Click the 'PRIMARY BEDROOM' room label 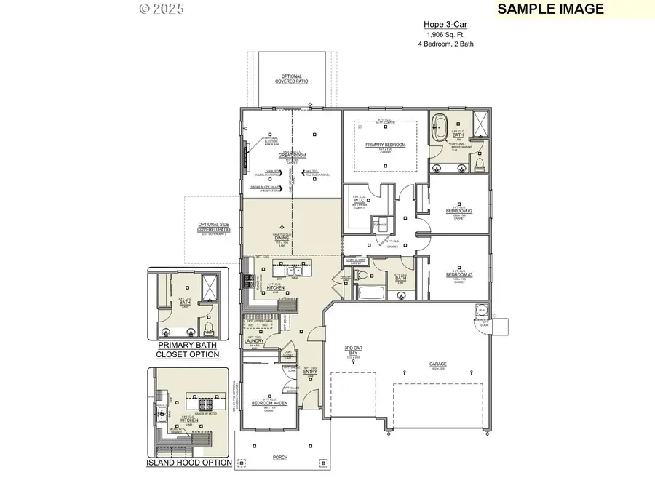pyautogui.click(x=385, y=145)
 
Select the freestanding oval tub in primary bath pyautogui.click(x=440, y=128)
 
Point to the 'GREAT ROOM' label pyautogui.click(x=291, y=155)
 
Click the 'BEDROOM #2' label pyautogui.click(x=459, y=211)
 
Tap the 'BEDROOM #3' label pyautogui.click(x=459, y=274)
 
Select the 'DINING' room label pyautogui.click(x=282, y=238)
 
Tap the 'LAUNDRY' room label pyautogui.click(x=255, y=340)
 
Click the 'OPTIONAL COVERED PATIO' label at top pyautogui.click(x=291, y=79)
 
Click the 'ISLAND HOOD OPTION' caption pyautogui.click(x=189, y=463)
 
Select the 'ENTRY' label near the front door pyautogui.click(x=310, y=372)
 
